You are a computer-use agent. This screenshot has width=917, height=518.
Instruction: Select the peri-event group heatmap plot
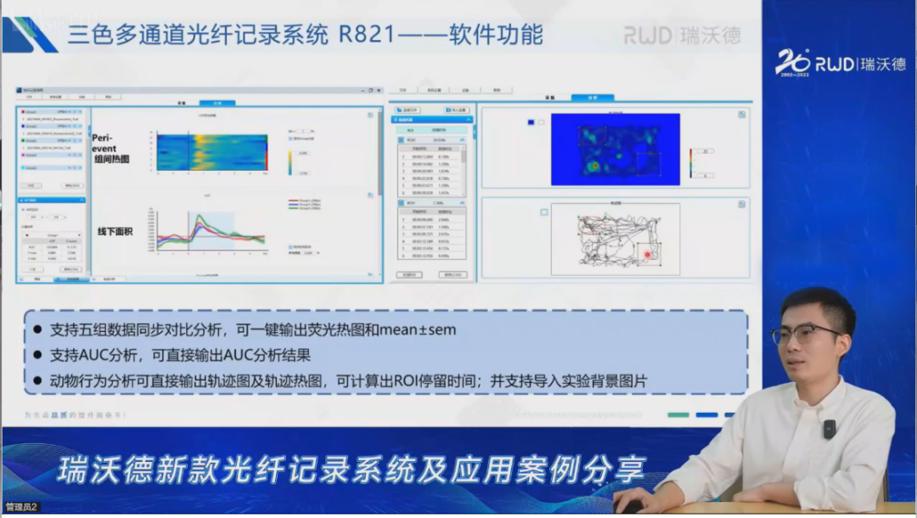pos(211,152)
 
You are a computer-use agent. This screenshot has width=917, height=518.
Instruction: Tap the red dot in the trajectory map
pos(648,252)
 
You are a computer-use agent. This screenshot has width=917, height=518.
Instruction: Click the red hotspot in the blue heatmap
pos(594,165)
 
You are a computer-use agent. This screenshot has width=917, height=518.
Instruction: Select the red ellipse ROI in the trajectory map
pos(649,252)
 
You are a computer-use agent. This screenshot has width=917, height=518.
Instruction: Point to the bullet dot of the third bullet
pos(37,381)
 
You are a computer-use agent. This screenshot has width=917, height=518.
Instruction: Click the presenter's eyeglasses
pos(803,333)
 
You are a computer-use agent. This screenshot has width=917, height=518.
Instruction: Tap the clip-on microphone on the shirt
pos(830,429)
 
